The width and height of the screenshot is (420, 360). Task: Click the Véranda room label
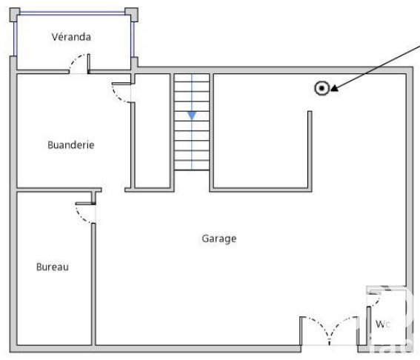click(71, 37)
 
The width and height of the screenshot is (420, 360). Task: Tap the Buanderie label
click(71, 145)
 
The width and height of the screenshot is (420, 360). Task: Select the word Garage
click(219, 239)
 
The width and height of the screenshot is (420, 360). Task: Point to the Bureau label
click(53, 267)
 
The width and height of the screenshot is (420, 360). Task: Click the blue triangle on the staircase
click(192, 116)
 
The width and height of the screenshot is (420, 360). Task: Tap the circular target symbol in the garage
click(321, 88)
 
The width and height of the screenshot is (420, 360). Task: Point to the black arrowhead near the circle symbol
click(335, 88)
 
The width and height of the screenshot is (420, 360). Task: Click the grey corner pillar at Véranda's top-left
click(15, 15)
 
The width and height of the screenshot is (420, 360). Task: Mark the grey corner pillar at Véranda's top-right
click(132, 15)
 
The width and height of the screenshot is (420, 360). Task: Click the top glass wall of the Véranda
click(73, 13)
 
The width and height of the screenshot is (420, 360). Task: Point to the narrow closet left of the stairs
click(153, 130)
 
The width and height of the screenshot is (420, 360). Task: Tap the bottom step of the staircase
click(192, 165)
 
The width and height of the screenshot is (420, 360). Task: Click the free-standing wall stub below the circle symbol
click(310, 150)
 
